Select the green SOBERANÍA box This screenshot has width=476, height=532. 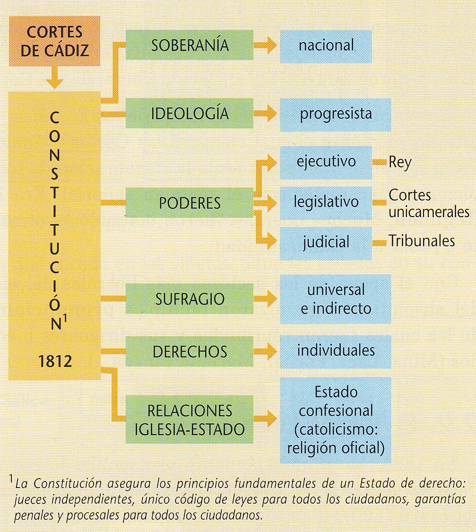pyautogui.click(x=190, y=45)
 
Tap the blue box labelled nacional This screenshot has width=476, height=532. pyautogui.click(x=326, y=45)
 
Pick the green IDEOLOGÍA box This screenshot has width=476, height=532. pyautogui.click(x=190, y=113)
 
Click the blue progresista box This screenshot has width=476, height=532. pyautogui.click(x=335, y=114)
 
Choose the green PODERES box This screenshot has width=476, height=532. pyautogui.click(x=190, y=203)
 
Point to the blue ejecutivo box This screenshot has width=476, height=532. pyautogui.click(x=326, y=161)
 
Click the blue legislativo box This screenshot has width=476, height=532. pyautogui.click(x=326, y=202)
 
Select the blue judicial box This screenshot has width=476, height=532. pyautogui.click(x=326, y=242)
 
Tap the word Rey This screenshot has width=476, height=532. pyautogui.click(x=400, y=162)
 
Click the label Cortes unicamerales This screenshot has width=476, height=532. pyautogui.click(x=428, y=203)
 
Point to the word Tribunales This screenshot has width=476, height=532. pyautogui.click(x=422, y=241)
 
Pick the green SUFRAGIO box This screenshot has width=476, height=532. pyautogui.click(x=190, y=299)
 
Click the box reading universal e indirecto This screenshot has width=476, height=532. pyautogui.click(x=335, y=299)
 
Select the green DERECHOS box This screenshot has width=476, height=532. pyautogui.click(x=190, y=351)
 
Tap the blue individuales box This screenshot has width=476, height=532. pyautogui.click(x=335, y=351)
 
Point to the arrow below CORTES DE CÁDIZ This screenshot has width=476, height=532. pyautogui.click(x=55, y=78)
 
